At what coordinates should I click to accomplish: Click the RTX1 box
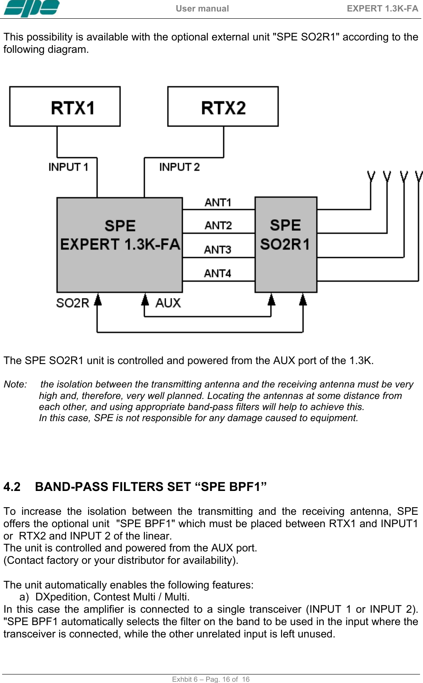pos(65,106)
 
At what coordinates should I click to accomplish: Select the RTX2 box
pos(223,106)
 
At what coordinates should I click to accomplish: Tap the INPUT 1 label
pos(68,167)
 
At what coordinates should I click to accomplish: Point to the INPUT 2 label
pos(179,167)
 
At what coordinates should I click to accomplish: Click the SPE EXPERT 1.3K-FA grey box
pos(120,244)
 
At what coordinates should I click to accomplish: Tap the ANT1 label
pos(218,202)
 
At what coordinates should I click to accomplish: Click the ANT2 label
pos(218,225)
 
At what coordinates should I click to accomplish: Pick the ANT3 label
pos(218,250)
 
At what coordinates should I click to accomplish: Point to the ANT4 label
pos(218,273)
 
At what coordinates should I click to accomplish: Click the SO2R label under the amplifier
pos(72,303)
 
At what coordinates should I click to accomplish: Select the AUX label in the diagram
pos(168,303)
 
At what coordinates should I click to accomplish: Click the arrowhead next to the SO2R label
pos(98,300)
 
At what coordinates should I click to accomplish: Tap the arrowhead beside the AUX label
pos(145,300)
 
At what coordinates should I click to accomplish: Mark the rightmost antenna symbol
pos(419,176)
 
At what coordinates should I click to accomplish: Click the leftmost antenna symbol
pos(371,176)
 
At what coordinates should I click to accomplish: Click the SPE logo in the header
pos(32,9)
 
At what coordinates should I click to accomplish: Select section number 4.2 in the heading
pos(12,487)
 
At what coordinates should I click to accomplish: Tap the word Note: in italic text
pos(15,384)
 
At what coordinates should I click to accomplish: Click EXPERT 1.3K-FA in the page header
pos(382,9)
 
